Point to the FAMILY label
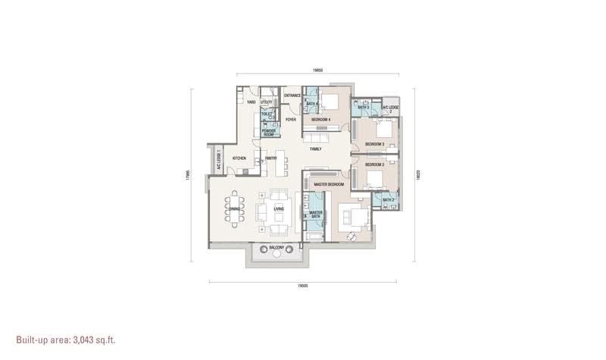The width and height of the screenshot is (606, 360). pos(317,149)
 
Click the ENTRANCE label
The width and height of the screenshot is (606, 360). pos(292,95)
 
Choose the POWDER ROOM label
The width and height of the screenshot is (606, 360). pos(268,132)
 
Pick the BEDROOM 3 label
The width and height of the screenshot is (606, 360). pos(375,143)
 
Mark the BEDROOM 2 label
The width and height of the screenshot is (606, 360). pos(375,164)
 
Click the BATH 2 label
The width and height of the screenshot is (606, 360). pos(388,200)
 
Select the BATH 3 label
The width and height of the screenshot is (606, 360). pos(364,108)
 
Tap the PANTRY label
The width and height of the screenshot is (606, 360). pos(270,158)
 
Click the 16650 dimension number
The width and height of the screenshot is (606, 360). pos(319,70)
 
